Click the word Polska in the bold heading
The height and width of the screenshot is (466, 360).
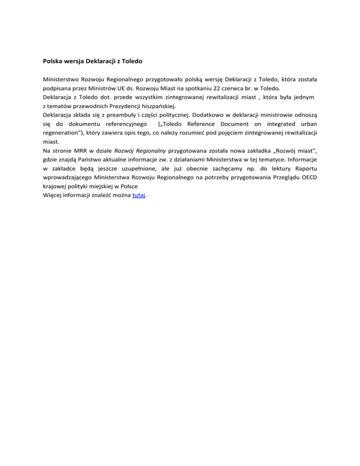click(x=53, y=60)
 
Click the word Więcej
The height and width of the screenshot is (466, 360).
click(x=53, y=196)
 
